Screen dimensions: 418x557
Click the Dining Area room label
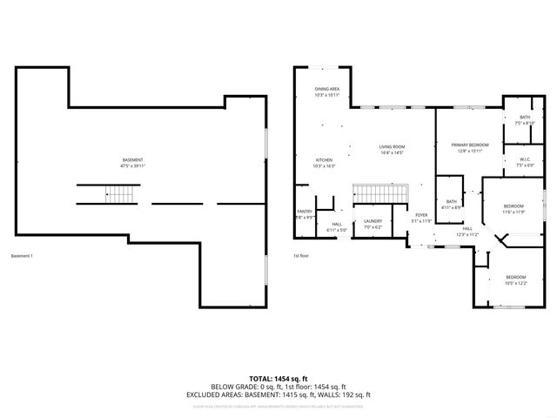327,91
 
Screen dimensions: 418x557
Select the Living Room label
392,149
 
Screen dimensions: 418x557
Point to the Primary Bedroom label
469,147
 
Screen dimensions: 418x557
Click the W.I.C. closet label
525,161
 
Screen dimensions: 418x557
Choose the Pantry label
304,213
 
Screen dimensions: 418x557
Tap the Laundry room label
373,224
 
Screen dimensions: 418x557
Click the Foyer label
421,218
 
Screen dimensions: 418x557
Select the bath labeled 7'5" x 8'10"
525,120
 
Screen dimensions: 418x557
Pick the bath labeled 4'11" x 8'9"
451,205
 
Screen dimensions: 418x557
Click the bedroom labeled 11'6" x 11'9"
513,209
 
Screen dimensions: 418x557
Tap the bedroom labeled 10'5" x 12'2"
515,280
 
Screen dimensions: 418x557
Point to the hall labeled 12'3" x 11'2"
467,232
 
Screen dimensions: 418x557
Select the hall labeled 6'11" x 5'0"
337,227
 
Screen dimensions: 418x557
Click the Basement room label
132,163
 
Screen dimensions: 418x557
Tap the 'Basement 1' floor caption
22,256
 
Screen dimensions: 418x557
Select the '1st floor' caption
301,256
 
